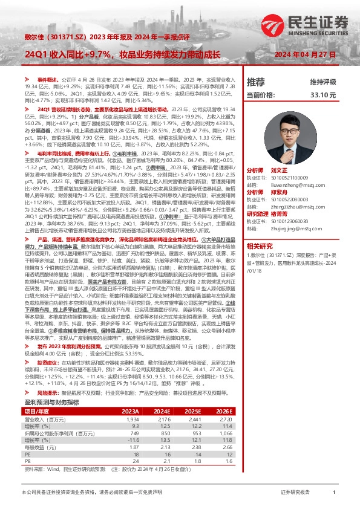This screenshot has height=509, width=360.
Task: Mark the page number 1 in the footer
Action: point(334,493)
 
